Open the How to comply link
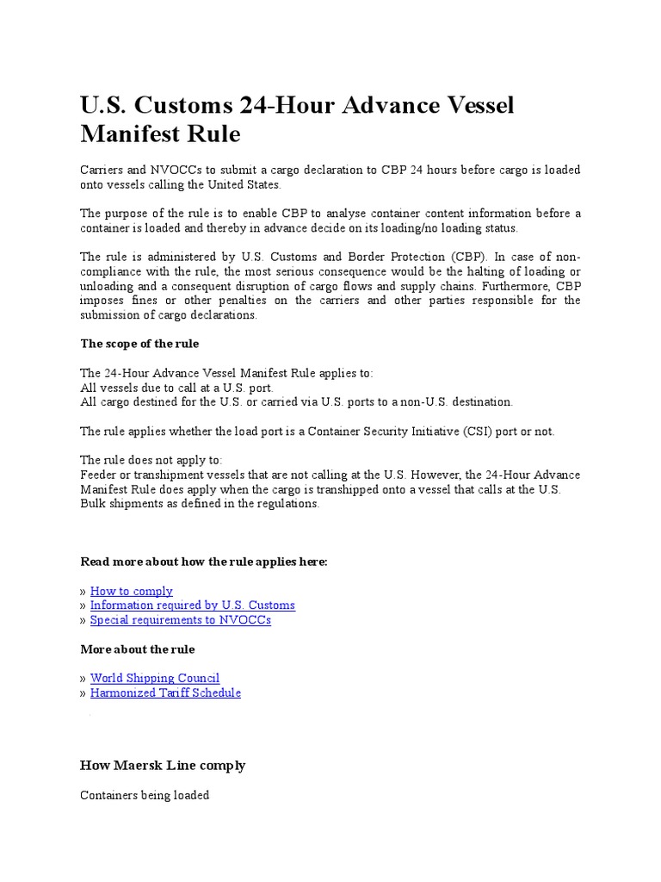pos(132,591)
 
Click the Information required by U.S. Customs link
pos(193,606)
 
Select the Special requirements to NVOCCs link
pos(181,620)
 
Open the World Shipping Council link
pos(155,678)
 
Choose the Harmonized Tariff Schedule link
pos(165,693)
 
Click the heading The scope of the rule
pos(139,344)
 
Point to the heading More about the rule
pos(138,649)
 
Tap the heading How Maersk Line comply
pos(163,765)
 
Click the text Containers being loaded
pos(145,795)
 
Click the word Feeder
pos(98,475)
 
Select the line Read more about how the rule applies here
pos(204,562)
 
